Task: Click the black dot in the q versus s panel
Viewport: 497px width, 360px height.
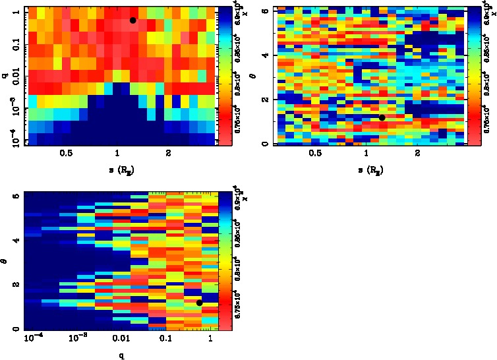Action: (x=133, y=20)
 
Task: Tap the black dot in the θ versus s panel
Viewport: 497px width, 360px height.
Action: (x=382, y=117)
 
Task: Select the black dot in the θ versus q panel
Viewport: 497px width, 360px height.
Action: (x=199, y=303)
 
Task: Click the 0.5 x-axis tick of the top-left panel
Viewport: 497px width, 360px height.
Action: (x=66, y=153)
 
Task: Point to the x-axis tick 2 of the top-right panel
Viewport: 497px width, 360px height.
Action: (x=418, y=153)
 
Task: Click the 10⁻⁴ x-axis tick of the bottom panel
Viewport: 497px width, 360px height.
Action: (x=33, y=338)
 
